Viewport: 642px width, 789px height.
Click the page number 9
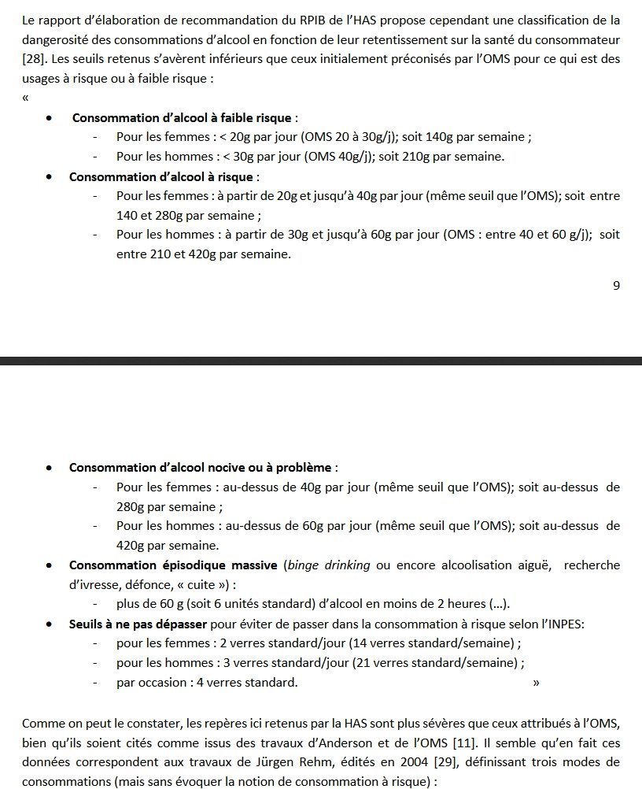point(616,286)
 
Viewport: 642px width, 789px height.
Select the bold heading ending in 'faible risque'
point(183,118)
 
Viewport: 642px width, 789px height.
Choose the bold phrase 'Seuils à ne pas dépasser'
point(139,624)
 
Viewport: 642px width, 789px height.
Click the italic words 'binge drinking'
point(329,565)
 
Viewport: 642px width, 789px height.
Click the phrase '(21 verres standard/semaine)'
point(434,663)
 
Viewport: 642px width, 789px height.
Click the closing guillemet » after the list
point(536,683)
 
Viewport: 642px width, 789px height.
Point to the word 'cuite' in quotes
point(202,585)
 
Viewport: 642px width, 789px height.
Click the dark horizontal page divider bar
point(321,361)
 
